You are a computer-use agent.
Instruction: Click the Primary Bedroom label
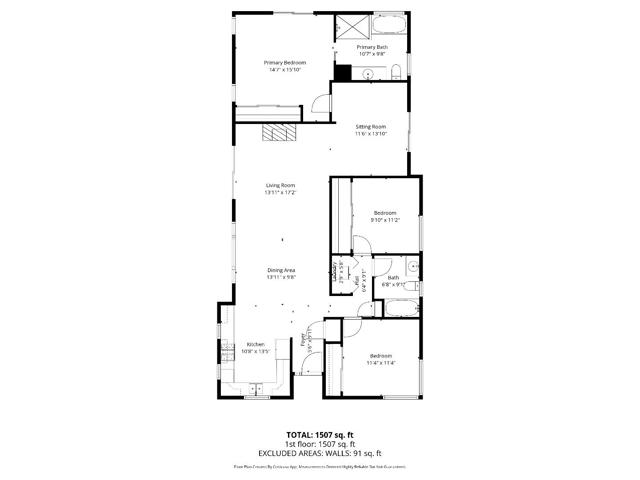[285, 62]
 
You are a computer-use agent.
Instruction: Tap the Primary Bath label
[372, 47]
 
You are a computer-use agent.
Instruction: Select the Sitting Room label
[371, 127]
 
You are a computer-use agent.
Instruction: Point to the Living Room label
[280, 185]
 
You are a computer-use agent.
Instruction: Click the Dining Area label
[281, 270]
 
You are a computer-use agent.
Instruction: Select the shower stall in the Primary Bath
[351, 27]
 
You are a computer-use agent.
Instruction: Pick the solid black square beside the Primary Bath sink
[342, 73]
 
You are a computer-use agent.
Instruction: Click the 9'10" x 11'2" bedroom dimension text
[386, 220]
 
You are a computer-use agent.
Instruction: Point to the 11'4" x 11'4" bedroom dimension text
[381, 363]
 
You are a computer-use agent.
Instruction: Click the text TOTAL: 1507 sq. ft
[320, 434]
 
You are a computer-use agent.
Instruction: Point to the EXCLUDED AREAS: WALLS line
[320, 452]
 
